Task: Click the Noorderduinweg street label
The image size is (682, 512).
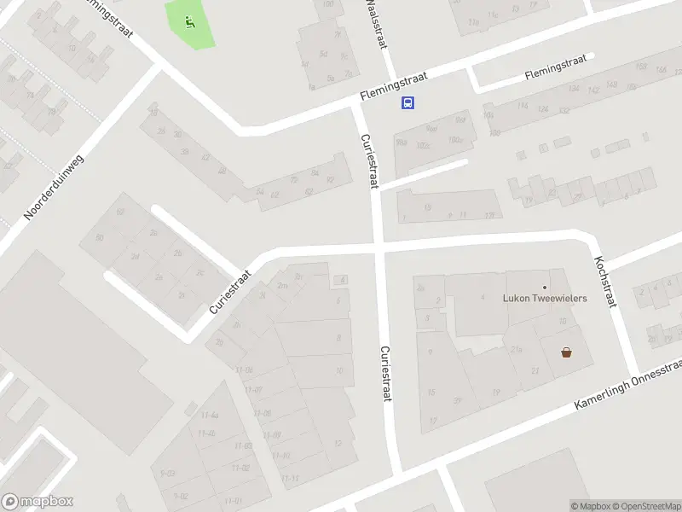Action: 55,186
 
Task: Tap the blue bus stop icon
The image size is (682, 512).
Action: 408,103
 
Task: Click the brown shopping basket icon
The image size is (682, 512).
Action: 566,352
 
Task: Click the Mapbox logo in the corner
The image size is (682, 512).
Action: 38,502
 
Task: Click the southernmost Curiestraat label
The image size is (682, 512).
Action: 384,374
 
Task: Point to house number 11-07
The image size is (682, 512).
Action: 252,391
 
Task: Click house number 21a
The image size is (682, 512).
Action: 516,349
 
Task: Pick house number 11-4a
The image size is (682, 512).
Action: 210,416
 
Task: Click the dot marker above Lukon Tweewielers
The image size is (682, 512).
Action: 545,287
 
